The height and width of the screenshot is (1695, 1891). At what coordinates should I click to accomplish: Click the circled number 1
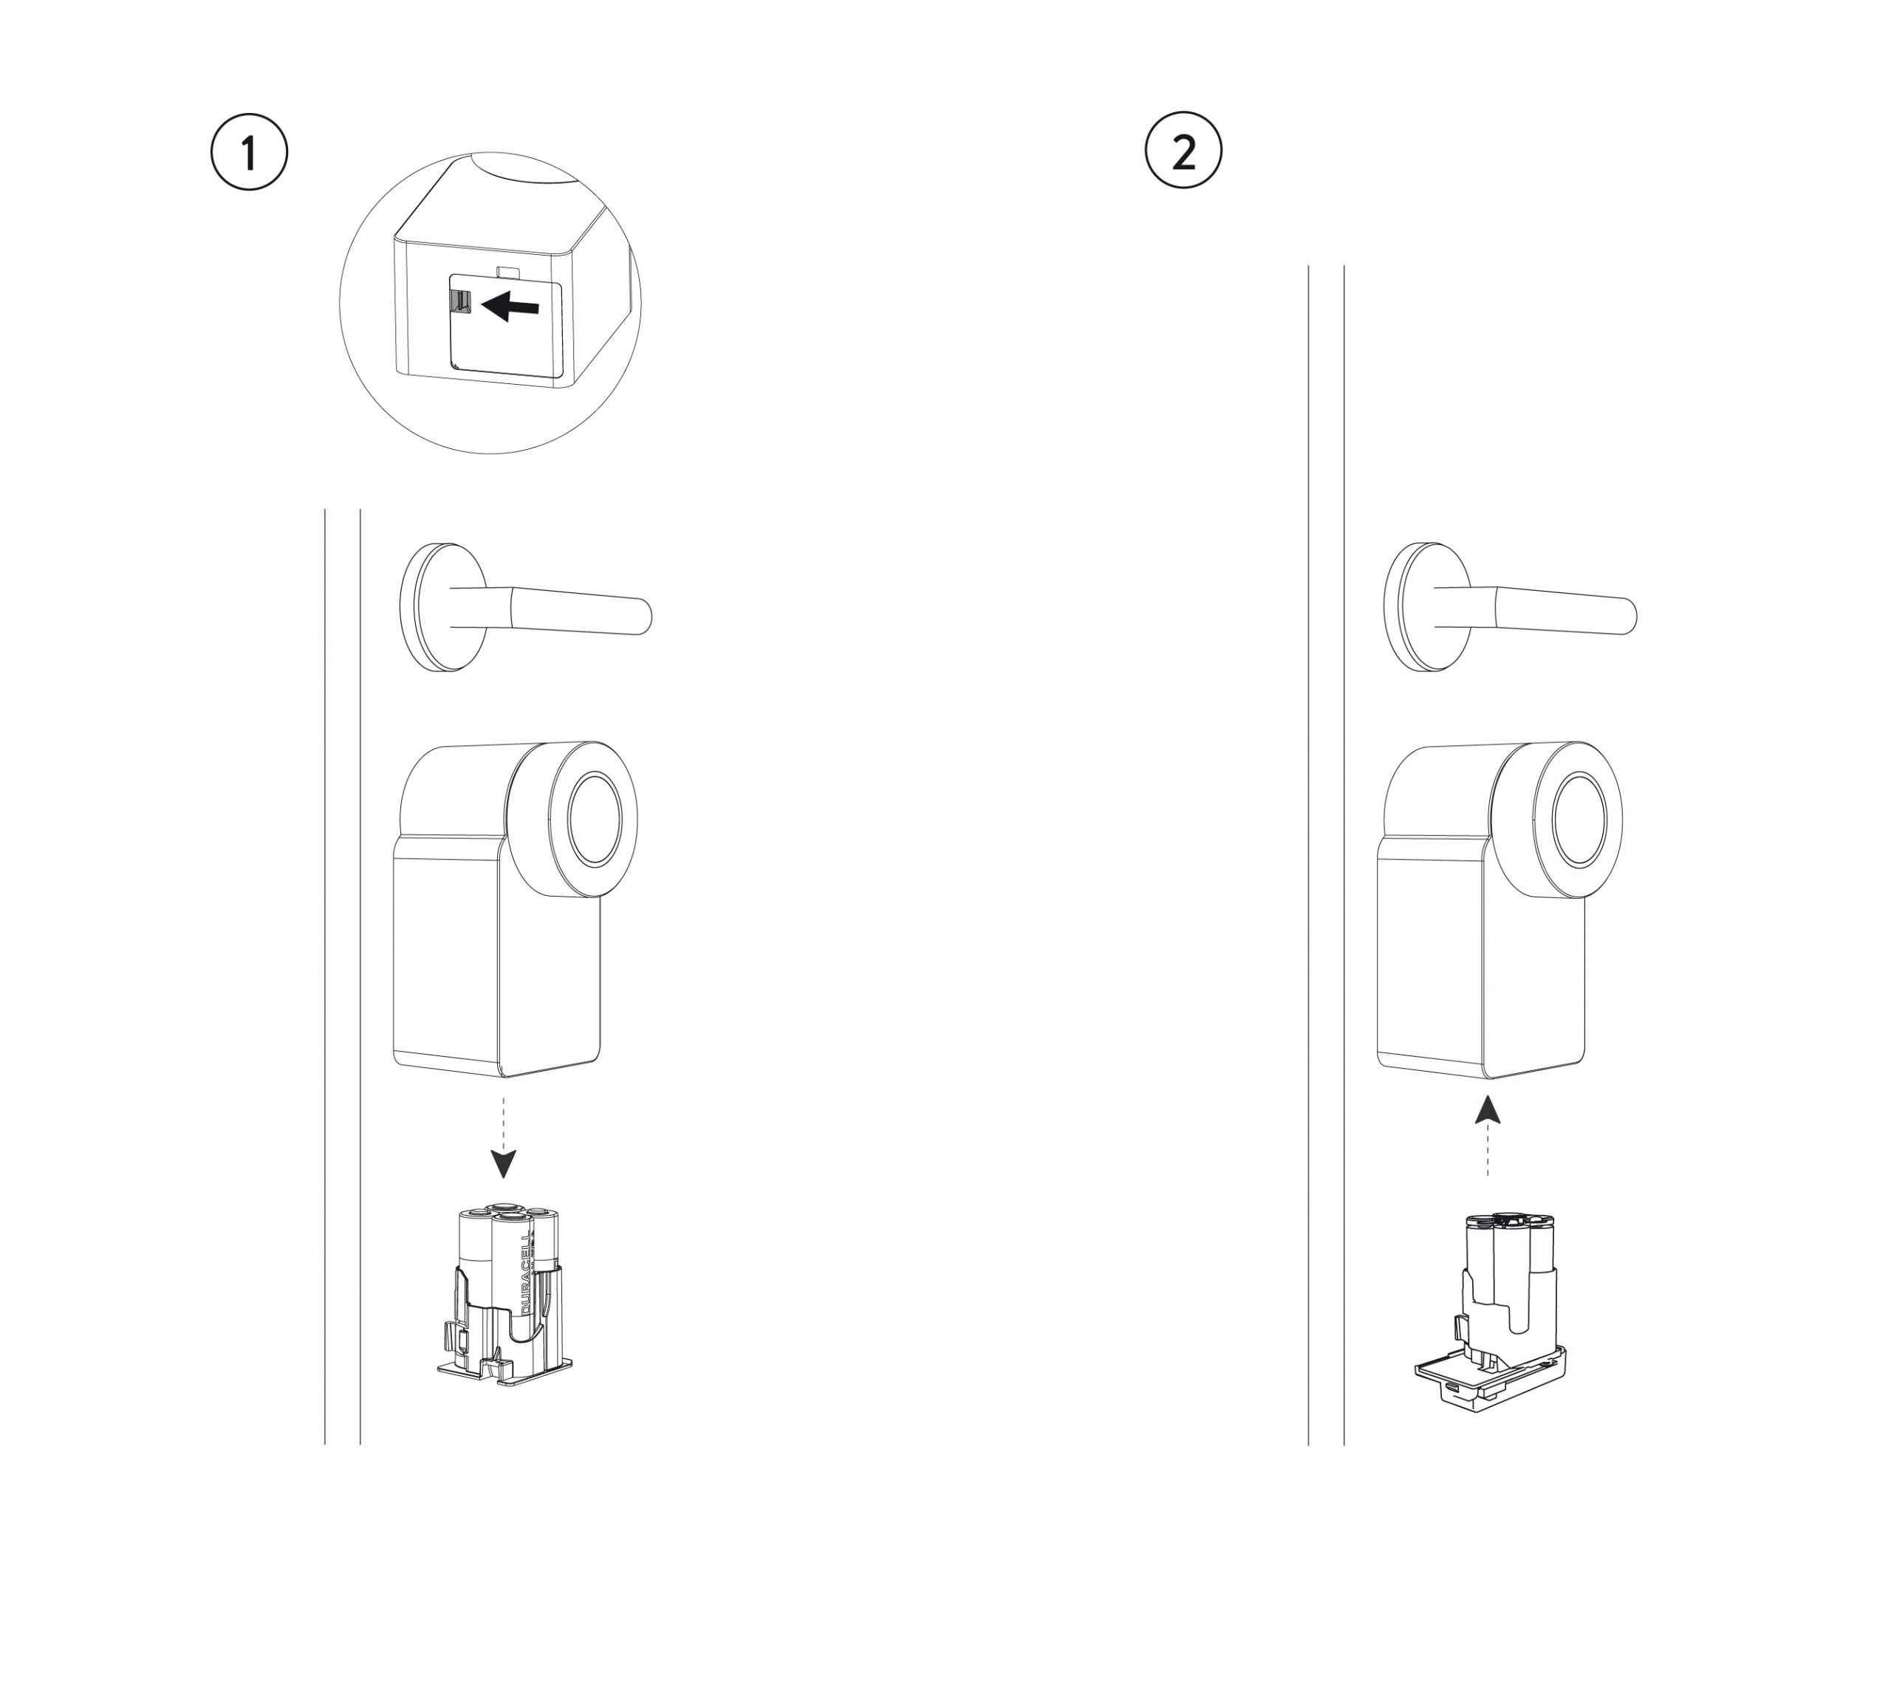249,152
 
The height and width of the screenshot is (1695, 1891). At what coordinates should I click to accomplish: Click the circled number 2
1183,150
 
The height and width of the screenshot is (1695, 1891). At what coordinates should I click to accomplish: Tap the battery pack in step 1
504,1295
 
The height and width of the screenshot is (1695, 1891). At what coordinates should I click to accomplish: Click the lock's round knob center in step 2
1579,818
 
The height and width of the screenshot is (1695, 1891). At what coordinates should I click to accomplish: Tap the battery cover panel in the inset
507,340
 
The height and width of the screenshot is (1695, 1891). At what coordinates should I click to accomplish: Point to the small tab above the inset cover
510,271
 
